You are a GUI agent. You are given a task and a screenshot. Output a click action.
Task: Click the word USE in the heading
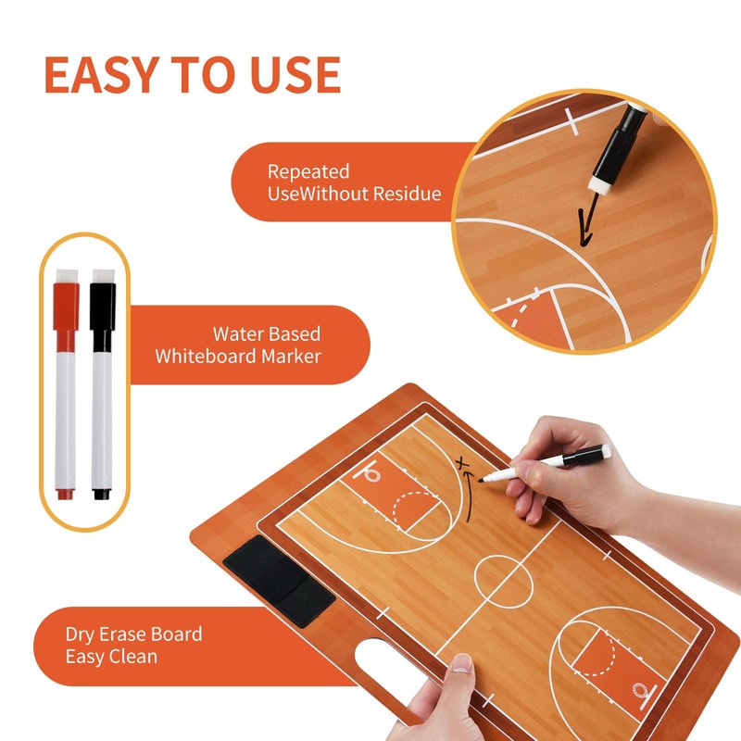293,75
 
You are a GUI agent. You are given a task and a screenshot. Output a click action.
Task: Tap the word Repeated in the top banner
308,171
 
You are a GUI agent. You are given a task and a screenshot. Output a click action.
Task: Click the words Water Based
267,333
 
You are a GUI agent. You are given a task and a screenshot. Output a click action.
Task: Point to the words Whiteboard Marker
238,356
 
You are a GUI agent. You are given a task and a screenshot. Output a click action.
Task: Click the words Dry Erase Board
133,634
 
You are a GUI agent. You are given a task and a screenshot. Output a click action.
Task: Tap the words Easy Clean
111,657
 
